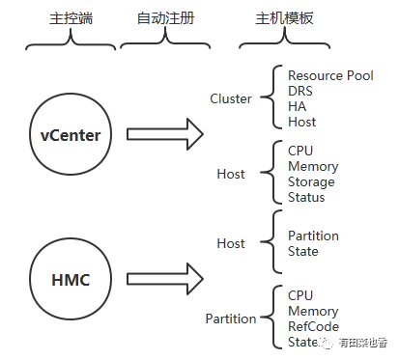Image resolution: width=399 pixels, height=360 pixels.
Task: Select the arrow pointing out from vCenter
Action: click(165, 134)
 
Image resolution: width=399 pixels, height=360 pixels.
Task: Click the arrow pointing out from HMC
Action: click(165, 279)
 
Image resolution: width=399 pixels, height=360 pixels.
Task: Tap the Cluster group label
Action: click(231, 98)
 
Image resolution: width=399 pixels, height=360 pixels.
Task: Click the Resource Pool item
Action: click(330, 75)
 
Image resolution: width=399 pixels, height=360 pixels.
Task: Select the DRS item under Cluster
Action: click(301, 91)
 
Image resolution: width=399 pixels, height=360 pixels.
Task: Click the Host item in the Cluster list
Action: click(302, 123)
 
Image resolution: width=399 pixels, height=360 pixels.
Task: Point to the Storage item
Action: click(311, 182)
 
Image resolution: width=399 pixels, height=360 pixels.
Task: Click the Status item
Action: click(306, 198)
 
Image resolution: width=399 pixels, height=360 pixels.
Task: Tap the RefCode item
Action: click(313, 326)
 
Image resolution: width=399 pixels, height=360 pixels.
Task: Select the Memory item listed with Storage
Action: click(313, 167)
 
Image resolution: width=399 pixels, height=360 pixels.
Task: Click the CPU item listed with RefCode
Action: click(300, 295)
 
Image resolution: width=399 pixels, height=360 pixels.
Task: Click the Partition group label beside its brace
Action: click(231, 318)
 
